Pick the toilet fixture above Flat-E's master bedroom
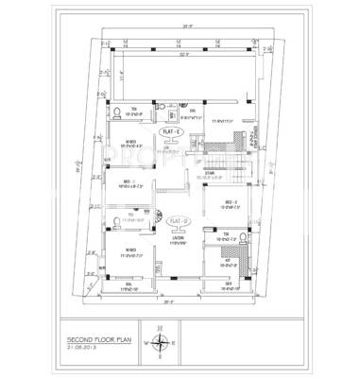(x=116, y=112)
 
